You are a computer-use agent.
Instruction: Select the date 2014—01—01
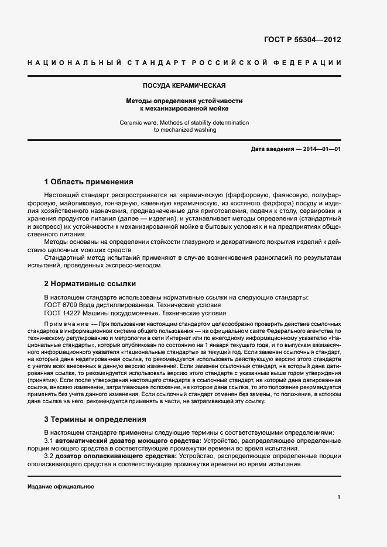(x=323, y=149)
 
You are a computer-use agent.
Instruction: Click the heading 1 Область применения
(x=88, y=182)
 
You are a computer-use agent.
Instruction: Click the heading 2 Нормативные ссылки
(x=90, y=284)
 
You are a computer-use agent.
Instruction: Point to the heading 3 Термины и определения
(x=95, y=419)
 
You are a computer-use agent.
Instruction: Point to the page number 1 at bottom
(x=339, y=497)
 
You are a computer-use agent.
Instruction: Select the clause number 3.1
(x=49, y=440)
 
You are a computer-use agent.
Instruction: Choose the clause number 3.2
(x=49, y=456)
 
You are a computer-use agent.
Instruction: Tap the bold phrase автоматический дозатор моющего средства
(x=128, y=440)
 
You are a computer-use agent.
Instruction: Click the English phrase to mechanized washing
(x=184, y=130)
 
